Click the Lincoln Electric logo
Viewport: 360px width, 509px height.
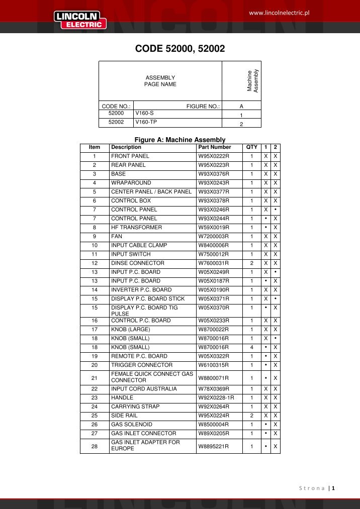(80, 20)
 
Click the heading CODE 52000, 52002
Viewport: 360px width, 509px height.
(180, 49)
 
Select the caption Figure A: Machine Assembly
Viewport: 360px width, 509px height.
(180, 140)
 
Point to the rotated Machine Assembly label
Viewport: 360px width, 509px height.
(252, 80)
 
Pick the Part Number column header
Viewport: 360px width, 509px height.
(215, 147)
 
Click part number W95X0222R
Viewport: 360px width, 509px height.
(214, 156)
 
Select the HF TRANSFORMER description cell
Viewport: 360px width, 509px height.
(136, 228)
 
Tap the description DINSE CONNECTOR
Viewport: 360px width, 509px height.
(137, 263)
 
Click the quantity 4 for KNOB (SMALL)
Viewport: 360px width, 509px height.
(251, 347)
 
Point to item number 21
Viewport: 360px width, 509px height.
(95, 377)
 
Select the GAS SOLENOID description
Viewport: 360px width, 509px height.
(132, 424)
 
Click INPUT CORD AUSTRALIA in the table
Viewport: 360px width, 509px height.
(144, 388)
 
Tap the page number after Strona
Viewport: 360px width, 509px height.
(333, 488)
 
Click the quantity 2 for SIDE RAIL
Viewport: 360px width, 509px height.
(251, 416)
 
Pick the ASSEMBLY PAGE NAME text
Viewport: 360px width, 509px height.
(160, 81)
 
